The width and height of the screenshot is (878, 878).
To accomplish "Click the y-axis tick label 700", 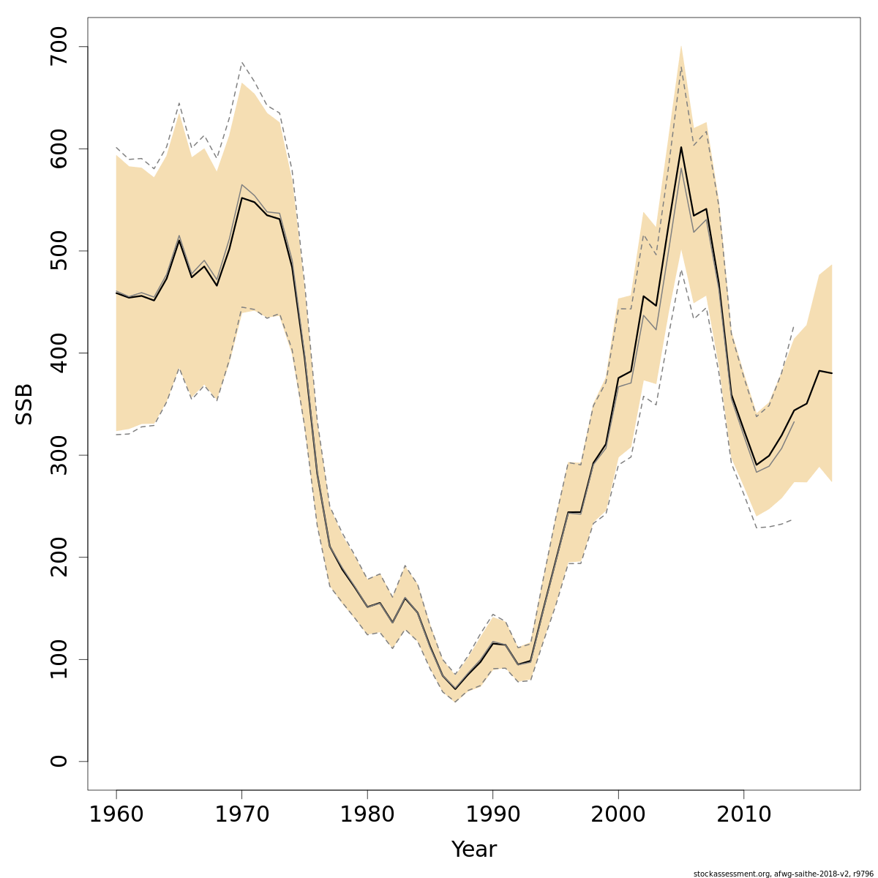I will pyautogui.click(x=59, y=47).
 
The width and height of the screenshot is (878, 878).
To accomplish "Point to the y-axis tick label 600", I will pyautogui.click(x=59, y=149).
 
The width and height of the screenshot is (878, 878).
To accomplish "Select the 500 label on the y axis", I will pyautogui.click(x=59, y=251).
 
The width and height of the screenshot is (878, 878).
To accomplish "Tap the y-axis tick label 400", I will pyautogui.click(x=59, y=353).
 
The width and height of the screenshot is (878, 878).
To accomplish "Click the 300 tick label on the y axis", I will pyautogui.click(x=59, y=455).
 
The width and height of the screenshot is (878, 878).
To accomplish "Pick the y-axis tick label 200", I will pyautogui.click(x=59, y=557).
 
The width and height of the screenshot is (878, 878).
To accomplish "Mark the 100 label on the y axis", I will pyautogui.click(x=59, y=659).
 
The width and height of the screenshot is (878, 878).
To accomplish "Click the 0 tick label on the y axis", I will pyautogui.click(x=59, y=761).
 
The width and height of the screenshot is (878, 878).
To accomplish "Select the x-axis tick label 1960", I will pyautogui.click(x=116, y=814).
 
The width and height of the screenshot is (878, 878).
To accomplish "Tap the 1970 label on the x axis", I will pyautogui.click(x=241, y=814).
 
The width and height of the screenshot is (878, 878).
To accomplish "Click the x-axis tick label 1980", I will pyautogui.click(x=367, y=814).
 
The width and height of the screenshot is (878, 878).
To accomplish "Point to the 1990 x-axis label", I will pyautogui.click(x=492, y=814).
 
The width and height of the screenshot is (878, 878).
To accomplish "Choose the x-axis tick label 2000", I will pyautogui.click(x=618, y=814).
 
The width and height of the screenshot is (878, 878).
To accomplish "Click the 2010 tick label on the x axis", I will pyautogui.click(x=743, y=814).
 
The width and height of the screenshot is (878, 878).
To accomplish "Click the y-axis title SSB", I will pyautogui.click(x=25, y=404).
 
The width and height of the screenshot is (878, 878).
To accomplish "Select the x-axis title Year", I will pyautogui.click(x=473, y=849).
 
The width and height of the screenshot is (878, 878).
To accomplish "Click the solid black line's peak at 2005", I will pyautogui.click(x=681, y=147).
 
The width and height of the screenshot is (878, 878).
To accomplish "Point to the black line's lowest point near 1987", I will pyautogui.click(x=455, y=689).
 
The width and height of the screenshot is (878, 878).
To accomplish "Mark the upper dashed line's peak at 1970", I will pyautogui.click(x=241, y=63).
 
